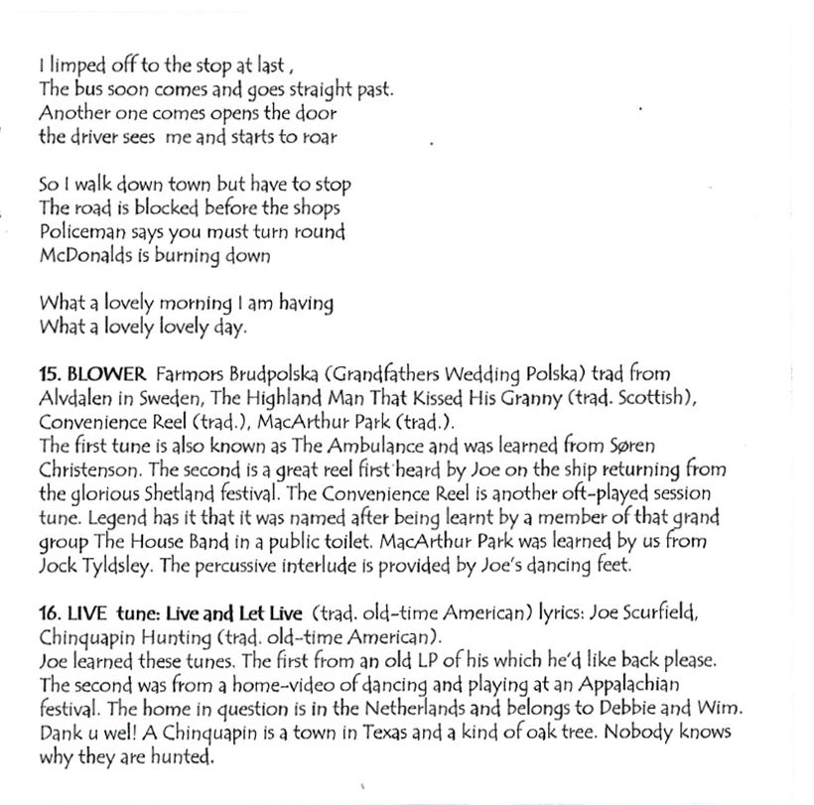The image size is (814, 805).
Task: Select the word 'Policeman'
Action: (x=78, y=232)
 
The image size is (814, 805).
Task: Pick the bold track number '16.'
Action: (x=51, y=612)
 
